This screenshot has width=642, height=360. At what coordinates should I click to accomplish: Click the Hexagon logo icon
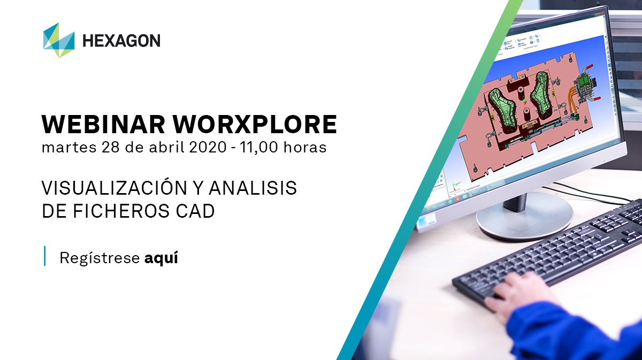(x=59, y=40)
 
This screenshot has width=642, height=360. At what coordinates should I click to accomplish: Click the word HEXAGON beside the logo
(x=121, y=41)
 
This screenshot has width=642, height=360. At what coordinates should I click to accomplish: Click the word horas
(x=307, y=147)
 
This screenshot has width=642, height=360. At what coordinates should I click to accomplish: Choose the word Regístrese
(x=99, y=258)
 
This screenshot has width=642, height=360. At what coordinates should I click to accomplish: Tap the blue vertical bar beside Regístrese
(x=44, y=257)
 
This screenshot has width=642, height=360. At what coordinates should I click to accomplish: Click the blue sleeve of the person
(x=572, y=332)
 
